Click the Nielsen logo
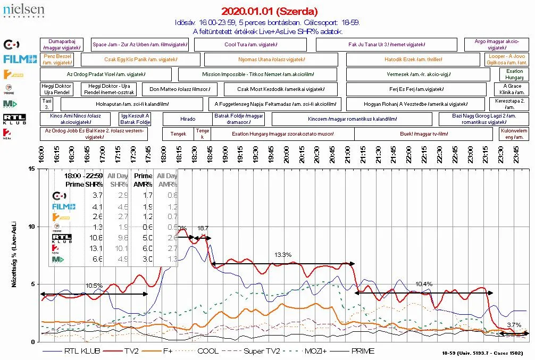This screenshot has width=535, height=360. pos(23,10)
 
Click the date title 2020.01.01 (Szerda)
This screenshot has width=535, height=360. pos(269,11)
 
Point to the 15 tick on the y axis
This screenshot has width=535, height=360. pos(31,169)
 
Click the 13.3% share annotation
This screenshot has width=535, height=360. pos(283,255)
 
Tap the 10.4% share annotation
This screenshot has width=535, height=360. pos(424,284)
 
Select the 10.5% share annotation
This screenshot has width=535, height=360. pos(94,286)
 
